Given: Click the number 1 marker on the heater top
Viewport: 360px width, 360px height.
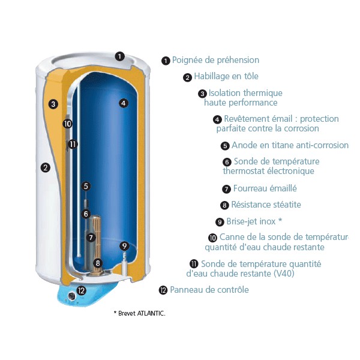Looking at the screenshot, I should coord(119,56).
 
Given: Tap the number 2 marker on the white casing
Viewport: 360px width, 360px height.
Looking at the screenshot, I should coord(46,167).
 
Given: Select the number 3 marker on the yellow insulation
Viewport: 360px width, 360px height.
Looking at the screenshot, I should coord(53,104).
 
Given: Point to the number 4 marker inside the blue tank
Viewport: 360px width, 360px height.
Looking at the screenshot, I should coord(123,103).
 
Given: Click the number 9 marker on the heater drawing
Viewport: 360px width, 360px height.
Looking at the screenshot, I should coord(124,245).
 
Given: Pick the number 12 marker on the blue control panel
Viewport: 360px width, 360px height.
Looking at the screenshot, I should coord(82,290).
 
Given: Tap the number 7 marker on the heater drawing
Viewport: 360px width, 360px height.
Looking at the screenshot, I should coord(91,238).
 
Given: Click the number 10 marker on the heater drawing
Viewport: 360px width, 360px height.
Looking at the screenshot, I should coord(67,124).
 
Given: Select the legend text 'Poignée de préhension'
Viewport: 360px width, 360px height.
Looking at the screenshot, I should coord(215,60).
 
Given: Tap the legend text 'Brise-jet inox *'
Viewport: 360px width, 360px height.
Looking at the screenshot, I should coord(254,221).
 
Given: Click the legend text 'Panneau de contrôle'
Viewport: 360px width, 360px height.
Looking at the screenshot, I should coord(209,290).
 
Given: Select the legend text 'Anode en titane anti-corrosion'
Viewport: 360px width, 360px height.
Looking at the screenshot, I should coord(290,145).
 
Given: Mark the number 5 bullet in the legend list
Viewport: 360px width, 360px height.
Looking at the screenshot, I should coord(225,146).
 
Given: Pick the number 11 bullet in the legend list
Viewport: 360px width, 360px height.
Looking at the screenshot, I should coord(194,264).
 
